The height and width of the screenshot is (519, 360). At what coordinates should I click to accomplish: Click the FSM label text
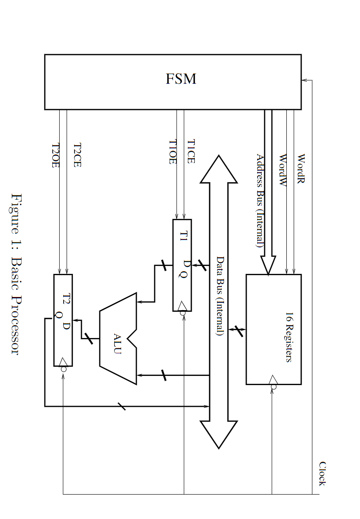(181, 79)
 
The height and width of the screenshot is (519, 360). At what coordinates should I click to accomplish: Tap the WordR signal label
(300, 168)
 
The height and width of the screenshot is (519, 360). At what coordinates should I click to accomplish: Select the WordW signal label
(283, 170)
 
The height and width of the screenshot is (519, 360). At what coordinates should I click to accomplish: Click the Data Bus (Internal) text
(220, 296)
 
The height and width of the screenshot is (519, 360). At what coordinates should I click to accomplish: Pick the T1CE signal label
(191, 151)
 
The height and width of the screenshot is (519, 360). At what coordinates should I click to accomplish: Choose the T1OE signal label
(173, 152)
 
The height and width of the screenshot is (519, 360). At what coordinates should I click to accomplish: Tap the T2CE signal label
(77, 155)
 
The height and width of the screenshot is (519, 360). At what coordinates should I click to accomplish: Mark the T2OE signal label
(55, 156)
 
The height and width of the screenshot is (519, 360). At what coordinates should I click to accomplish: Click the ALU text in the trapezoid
(117, 344)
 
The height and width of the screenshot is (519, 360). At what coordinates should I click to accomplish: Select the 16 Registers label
(289, 337)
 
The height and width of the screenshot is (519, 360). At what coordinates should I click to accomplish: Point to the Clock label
(322, 474)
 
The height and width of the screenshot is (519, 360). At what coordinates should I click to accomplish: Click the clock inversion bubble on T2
(64, 369)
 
